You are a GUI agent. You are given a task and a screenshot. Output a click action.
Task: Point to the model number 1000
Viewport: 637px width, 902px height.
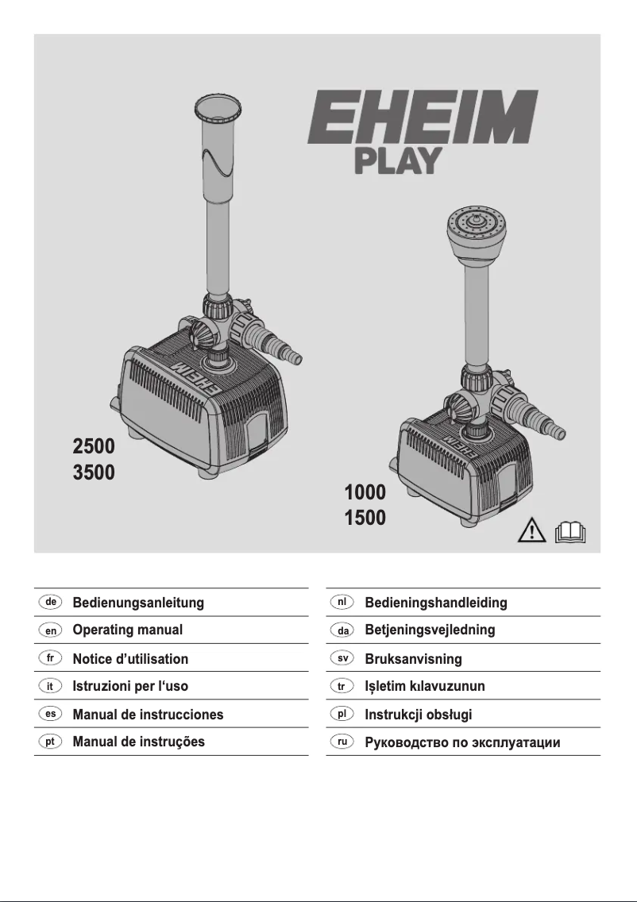[x=365, y=492]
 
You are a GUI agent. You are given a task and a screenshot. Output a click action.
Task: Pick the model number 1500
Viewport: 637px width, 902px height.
[x=365, y=519]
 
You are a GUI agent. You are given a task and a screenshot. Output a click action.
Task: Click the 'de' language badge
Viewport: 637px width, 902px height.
[x=50, y=602]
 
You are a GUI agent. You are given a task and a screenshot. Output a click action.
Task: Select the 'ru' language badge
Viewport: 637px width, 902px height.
[x=342, y=742]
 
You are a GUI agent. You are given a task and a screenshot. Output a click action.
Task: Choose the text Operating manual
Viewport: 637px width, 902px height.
[x=127, y=630]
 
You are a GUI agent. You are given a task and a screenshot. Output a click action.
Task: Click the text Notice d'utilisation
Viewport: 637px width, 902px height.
[x=130, y=658]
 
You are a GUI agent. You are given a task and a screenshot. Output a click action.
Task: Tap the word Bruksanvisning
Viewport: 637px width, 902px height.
[x=413, y=658]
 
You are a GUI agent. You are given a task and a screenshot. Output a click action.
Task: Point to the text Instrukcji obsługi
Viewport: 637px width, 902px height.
[x=418, y=714]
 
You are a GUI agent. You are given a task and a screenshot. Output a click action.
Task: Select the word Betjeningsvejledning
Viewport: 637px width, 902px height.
[x=430, y=630]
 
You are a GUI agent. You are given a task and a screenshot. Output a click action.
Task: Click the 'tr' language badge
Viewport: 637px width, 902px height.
[x=342, y=685]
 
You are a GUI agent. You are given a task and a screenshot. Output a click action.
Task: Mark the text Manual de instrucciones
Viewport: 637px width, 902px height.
[x=148, y=714]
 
